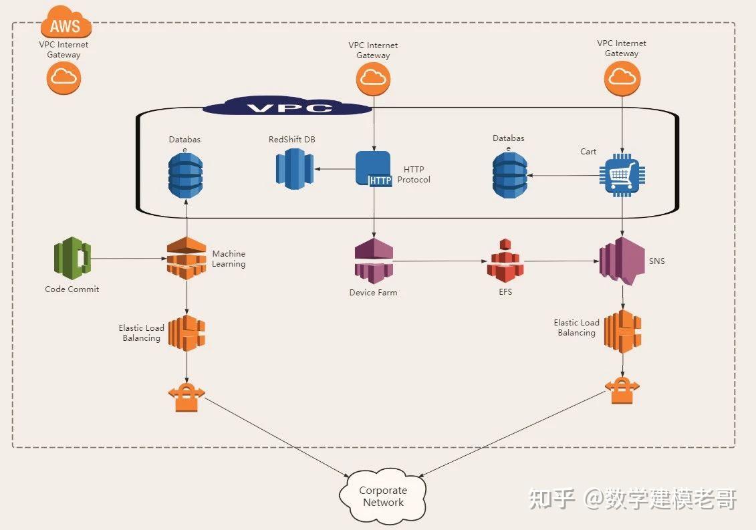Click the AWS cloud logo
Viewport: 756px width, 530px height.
[x=66, y=25]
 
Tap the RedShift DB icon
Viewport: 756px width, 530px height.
[x=294, y=168]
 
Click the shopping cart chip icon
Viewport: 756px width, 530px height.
[x=622, y=175]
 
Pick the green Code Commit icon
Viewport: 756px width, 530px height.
[x=72, y=259]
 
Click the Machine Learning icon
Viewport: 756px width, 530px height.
[x=186, y=257]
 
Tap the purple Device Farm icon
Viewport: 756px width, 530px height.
[x=373, y=261]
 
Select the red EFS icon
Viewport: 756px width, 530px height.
[x=505, y=261]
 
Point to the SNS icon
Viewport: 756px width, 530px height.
[x=622, y=261]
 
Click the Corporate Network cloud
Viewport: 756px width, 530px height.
[x=383, y=497]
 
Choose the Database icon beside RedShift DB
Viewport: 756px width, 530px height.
[x=185, y=175]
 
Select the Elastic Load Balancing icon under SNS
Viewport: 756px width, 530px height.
[x=622, y=331]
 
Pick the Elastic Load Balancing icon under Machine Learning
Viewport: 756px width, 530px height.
[x=186, y=333]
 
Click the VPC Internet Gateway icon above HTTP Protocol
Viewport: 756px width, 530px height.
[x=373, y=80]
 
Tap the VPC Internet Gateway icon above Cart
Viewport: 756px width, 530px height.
[x=622, y=78]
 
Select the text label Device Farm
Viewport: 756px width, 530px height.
[x=373, y=293]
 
